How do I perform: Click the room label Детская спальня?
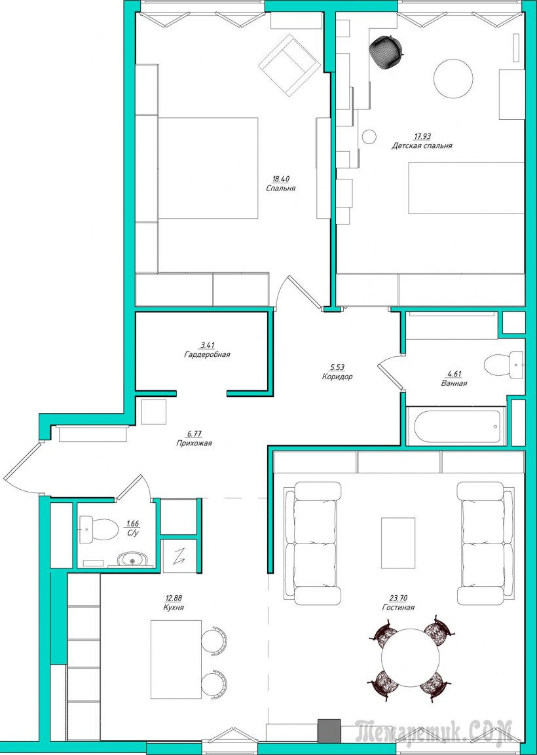click(421, 145)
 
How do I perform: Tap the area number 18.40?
click(281, 179)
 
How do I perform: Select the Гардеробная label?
click(207, 354)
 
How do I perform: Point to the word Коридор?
click(337, 377)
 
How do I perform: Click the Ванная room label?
click(454, 383)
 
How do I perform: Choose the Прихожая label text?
click(194, 443)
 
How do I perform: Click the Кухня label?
click(174, 608)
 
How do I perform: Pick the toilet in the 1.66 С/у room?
click(99, 530)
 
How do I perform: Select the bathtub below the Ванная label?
click(456, 426)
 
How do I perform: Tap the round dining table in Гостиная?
click(411, 657)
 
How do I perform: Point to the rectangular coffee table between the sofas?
click(398, 543)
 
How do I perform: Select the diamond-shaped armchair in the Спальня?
click(289, 66)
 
